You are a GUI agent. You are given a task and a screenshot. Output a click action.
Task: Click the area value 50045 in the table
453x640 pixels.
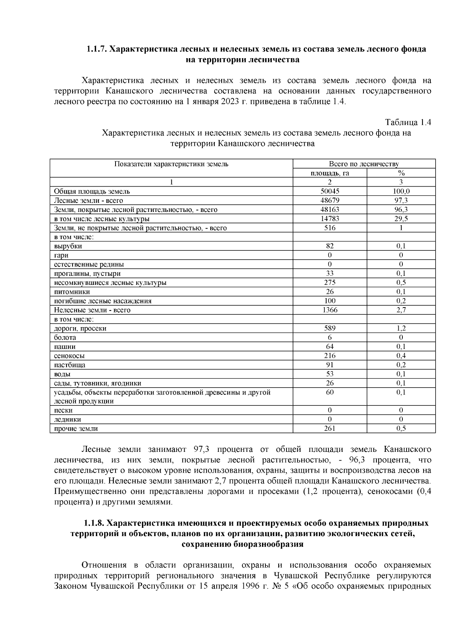pos(330,192)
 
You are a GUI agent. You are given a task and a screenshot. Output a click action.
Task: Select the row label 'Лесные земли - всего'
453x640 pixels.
pos(88,201)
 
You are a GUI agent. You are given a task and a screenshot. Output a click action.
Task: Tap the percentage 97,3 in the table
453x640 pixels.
pos(401,201)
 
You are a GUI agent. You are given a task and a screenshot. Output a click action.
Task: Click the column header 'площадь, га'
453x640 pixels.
pos(330,173)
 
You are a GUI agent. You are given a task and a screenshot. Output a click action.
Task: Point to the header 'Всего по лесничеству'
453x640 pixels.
pos(364,164)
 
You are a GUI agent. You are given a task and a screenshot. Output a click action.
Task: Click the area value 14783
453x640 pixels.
pos(330,219)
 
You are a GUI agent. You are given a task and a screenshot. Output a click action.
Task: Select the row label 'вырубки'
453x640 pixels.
pos(68,246)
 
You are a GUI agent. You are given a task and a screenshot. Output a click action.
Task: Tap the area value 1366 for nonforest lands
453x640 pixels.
pos(330,310)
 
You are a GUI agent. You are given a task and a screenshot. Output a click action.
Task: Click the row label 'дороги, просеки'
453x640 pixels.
pos(80,329)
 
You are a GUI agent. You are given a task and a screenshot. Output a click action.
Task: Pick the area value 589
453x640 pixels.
pos(330,328)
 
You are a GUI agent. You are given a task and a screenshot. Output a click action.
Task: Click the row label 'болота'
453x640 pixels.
pos(65,338)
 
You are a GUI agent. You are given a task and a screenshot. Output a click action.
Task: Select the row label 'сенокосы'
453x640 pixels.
pos(69,356)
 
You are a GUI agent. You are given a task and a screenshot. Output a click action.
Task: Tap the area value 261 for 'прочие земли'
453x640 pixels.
pos(330,428)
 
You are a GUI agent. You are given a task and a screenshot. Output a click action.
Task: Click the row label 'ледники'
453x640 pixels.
pos(68,419)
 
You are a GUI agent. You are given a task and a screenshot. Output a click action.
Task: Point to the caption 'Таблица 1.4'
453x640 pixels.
pos(408,122)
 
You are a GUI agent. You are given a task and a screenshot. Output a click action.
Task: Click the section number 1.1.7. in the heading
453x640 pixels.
pos(97,49)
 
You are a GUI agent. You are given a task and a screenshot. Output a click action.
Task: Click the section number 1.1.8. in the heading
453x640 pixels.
pos(94,524)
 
